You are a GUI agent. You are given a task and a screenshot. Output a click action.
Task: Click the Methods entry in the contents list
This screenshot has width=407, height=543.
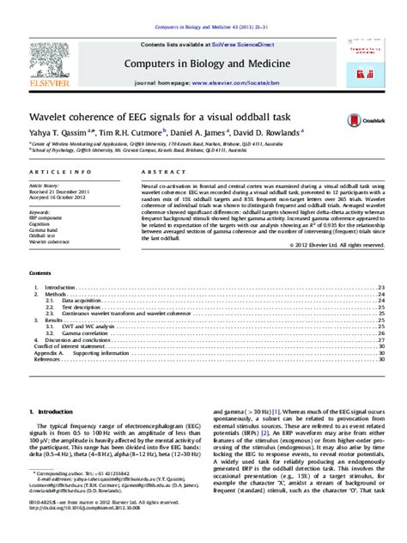point(61,292)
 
